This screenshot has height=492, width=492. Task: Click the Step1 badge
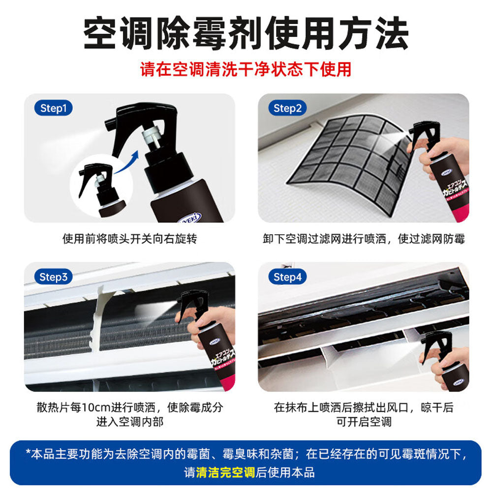point(53,108)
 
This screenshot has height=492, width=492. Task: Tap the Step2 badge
point(287,108)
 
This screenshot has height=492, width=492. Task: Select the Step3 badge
point(53,277)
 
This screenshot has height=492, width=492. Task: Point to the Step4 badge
point(287,277)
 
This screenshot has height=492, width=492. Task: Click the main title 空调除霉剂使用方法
point(246,34)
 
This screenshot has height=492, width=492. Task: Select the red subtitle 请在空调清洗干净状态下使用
point(246,69)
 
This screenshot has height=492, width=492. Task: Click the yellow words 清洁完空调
point(225,472)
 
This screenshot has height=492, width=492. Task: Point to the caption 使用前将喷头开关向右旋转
point(129,239)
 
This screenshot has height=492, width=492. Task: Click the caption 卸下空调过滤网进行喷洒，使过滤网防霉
point(364,239)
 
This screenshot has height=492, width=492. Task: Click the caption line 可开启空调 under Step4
point(364,422)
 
